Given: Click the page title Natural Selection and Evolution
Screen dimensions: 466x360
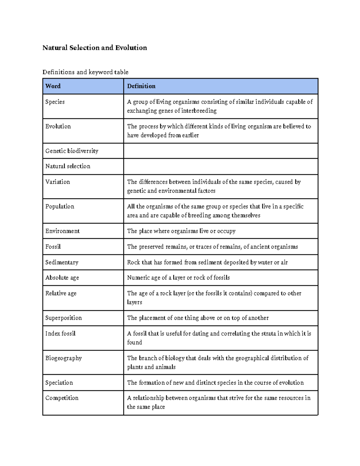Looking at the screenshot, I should pos(94,48).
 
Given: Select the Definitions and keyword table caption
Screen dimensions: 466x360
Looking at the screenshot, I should pos(85,72).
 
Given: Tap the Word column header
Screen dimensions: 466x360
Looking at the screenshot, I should pos(53,86).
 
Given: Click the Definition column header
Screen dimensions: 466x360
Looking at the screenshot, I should pos(141,86).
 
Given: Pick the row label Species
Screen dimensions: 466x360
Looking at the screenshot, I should pos(55,102).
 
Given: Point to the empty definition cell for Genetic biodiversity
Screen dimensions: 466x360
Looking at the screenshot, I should pos(220,151).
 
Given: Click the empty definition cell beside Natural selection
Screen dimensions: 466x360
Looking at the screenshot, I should pos(220,166).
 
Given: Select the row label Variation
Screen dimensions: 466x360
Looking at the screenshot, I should pos(58,182).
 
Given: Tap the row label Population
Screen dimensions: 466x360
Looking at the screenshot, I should pos(60,206).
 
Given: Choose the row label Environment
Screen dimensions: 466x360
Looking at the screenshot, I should pos(62,231).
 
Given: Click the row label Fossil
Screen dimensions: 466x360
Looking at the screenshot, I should pos(53,247).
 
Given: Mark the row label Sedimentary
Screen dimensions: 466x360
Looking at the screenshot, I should pos(62,262).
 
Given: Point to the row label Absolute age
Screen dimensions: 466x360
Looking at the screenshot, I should pos(62,278).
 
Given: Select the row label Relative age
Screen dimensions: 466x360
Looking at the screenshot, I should pos(61,293).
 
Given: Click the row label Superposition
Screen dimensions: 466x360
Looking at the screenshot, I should pos(63,318).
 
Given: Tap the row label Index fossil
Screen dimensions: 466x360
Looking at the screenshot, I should pos(60,333).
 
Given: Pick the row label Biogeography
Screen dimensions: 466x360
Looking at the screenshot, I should pos(63,358).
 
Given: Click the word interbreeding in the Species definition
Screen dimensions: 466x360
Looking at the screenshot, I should pos(199,111).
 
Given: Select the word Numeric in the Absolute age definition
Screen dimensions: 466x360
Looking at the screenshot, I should pos(138,278).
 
